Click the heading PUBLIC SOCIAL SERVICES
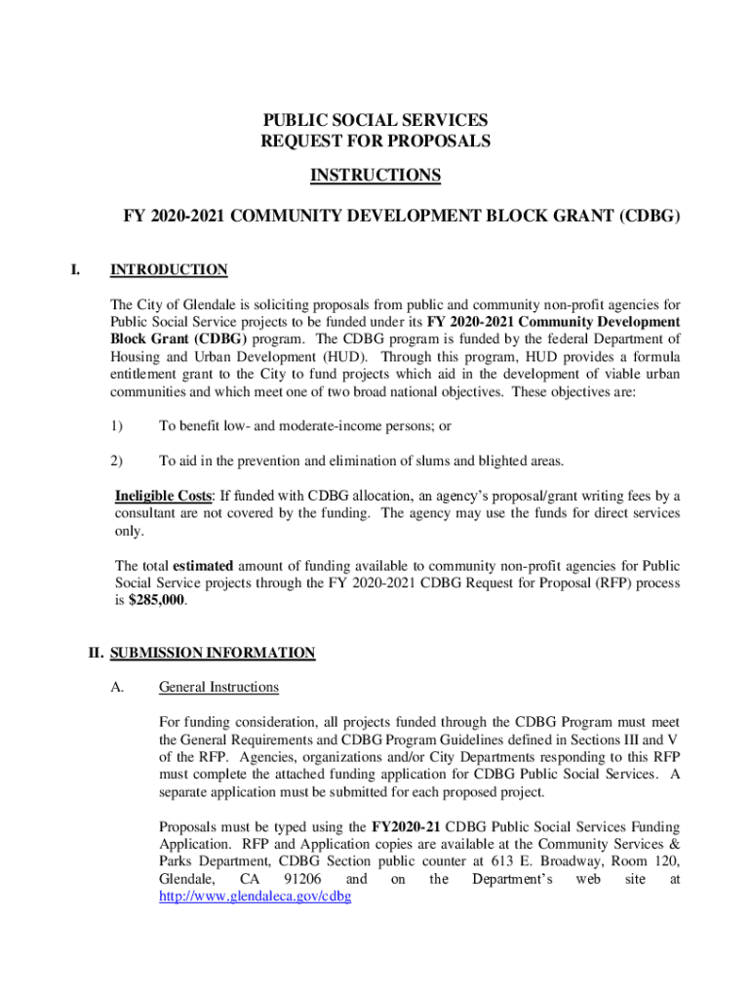(375, 120)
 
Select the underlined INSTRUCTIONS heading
(375, 176)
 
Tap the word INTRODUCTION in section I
(169, 270)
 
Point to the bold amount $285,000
(157, 601)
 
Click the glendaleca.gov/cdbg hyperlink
(255, 897)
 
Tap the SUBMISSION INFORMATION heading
(213, 653)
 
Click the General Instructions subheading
(218, 688)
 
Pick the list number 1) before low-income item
(117, 426)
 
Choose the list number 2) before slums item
(117, 460)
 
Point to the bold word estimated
(207, 566)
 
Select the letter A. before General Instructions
(117, 688)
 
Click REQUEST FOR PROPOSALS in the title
(375, 141)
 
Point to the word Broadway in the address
(552, 861)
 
